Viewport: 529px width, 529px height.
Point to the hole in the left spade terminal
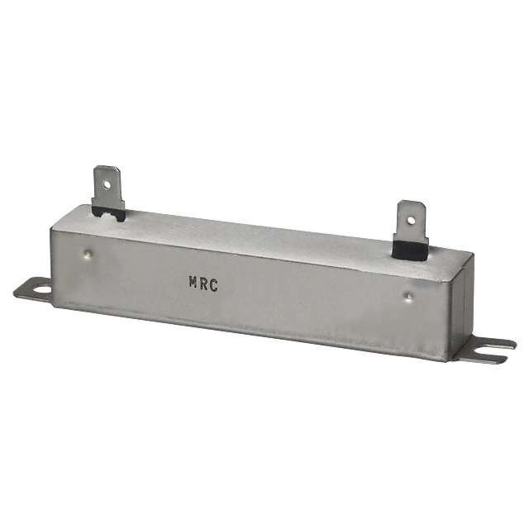(x=103, y=175)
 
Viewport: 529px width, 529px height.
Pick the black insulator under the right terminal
(x=410, y=246)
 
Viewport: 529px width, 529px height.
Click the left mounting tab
(x=33, y=288)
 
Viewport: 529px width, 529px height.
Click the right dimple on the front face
(x=407, y=293)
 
